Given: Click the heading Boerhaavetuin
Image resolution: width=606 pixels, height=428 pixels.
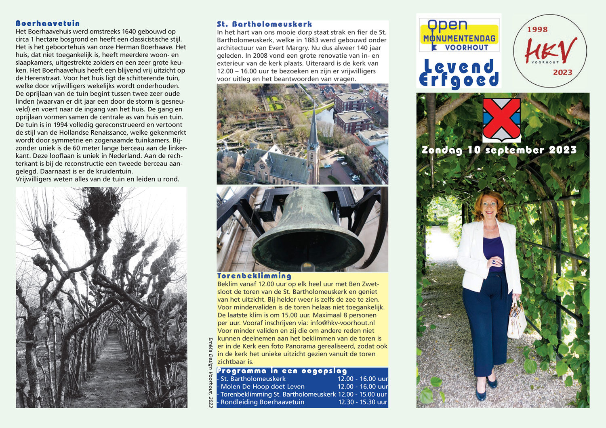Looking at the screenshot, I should [x=47, y=23].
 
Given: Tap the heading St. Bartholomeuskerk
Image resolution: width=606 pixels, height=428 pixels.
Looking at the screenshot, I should [x=264, y=24].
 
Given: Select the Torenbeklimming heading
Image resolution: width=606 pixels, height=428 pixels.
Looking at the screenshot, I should [x=254, y=276].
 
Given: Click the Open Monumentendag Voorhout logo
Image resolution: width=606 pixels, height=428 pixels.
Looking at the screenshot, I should [x=459, y=35].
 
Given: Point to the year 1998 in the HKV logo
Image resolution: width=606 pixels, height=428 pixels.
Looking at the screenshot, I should [x=537, y=29].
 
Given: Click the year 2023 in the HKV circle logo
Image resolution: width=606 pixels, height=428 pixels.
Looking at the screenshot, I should [x=563, y=72].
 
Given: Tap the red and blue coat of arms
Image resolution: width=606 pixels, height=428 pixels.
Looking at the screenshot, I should [x=501, y=119].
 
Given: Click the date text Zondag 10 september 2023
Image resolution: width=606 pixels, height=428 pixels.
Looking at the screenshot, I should [x=499, y=150].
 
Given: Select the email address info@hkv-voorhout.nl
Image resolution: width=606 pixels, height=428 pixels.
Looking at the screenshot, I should [x=342, y=323].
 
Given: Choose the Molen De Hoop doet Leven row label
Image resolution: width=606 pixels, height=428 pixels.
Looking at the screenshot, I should [x=263, y=386].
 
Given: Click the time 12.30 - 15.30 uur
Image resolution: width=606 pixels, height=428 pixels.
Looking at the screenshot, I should [x=362, y=402].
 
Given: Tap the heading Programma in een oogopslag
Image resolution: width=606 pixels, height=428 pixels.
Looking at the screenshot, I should [x=282, y=371].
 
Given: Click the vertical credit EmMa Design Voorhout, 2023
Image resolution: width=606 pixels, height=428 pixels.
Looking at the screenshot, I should [x=210, y=372].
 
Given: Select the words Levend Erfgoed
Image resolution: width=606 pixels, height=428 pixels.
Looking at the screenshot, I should [x=459, y=73].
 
